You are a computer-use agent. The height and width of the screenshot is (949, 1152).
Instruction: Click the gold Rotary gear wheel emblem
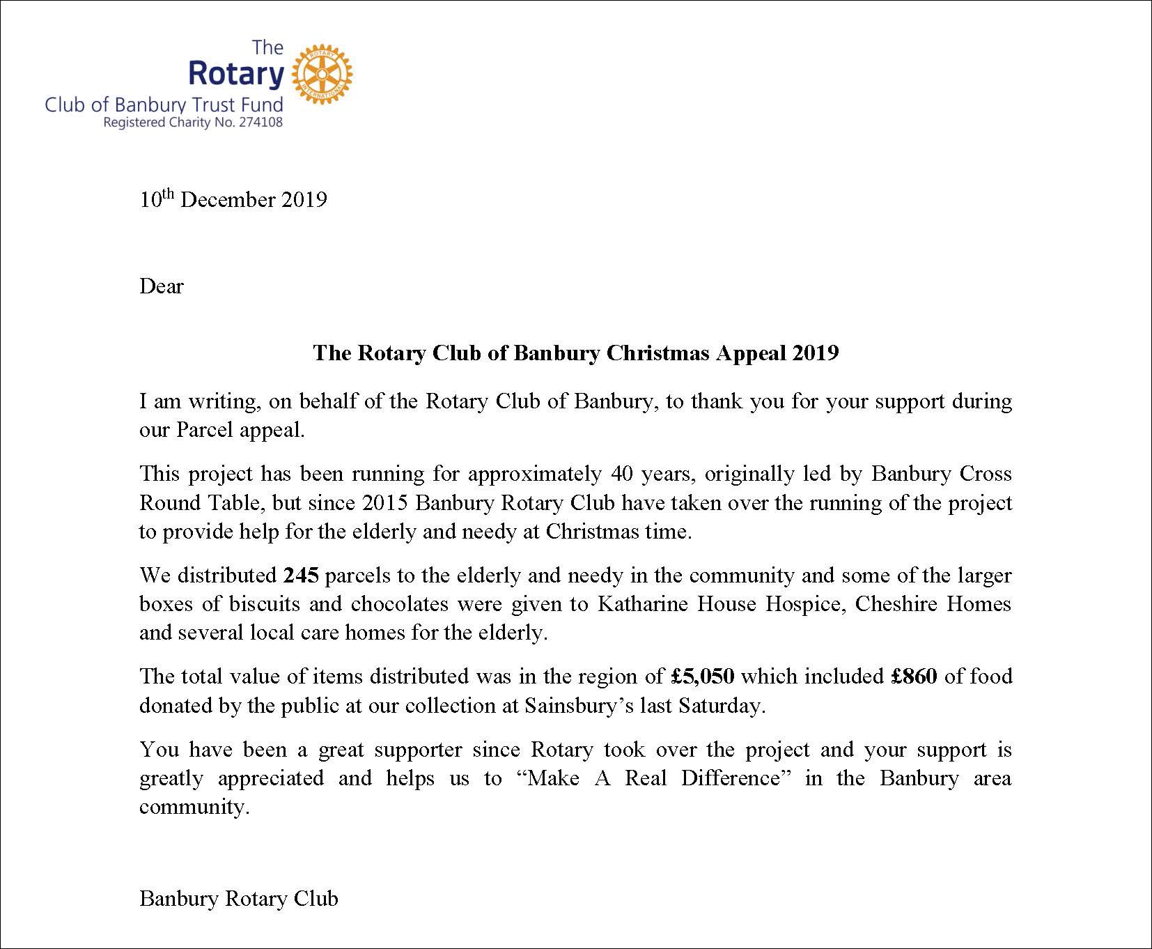321,74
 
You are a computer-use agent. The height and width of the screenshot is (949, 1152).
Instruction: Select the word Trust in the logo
218,105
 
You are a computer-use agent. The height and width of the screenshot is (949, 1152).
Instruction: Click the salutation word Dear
162,286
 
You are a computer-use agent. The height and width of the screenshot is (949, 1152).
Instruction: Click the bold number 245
301,576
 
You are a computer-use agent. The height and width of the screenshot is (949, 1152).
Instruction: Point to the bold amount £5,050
703,677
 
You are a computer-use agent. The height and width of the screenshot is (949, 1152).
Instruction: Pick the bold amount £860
914,677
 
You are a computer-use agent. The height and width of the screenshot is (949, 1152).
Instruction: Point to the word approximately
534,474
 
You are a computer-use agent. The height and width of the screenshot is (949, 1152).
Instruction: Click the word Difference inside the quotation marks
739,778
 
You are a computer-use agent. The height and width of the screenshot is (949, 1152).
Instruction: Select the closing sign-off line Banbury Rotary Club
239,899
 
